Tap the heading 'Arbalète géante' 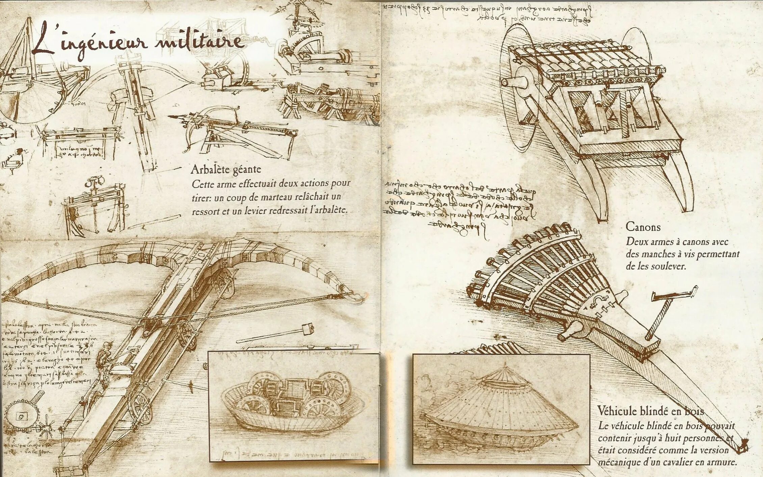click(226, 169)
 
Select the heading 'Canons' click(643, 227)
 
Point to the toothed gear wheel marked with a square click(22, 416)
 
